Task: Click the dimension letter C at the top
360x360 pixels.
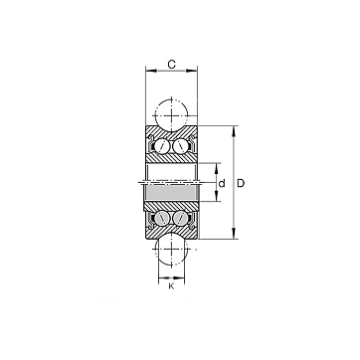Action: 171,65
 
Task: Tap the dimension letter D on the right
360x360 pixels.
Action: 241,183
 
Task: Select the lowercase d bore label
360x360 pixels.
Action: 222,183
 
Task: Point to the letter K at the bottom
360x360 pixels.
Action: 171,286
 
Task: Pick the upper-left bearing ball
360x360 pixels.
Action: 162,145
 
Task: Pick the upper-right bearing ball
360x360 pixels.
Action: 180,145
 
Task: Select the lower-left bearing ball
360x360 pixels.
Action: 162,218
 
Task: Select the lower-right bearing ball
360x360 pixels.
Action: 180,218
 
